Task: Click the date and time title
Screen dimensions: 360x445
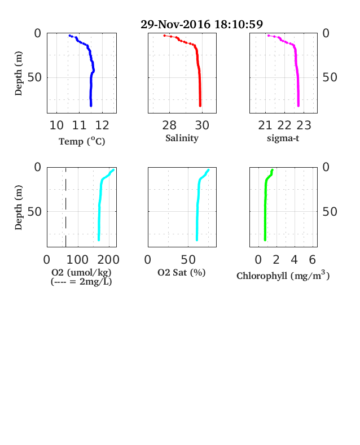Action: (201, 24)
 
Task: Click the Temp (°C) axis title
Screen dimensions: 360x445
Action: (82, 141)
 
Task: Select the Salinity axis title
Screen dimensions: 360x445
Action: (182, 138)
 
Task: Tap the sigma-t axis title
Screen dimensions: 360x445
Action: (283, 138)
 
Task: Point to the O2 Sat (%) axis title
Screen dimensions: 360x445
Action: (182, 272)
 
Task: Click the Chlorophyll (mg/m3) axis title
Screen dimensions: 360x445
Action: (283, 276)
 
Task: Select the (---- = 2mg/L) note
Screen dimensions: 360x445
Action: (81, 282)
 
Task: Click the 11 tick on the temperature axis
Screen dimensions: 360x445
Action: (79, 125)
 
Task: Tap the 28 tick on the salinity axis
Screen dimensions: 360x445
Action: (169, 125)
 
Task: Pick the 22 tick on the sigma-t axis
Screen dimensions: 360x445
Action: (284, 125)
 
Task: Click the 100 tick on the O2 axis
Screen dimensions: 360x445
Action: (77, 260)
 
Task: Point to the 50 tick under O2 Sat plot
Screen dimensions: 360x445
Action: (188, 260)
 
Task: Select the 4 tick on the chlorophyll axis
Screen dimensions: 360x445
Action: (294, 260)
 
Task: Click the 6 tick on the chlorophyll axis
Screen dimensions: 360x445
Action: (313, 260)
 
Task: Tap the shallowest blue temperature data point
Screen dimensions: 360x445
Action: (70, 36)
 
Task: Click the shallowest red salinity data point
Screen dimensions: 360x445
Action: (164, 36)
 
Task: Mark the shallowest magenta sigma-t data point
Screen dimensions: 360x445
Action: (269, 36)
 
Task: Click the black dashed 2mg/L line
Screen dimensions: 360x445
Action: (66, 207)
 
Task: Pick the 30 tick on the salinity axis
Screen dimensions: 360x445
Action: (202, 125)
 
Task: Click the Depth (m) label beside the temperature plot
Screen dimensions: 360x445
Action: (19, 73)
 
